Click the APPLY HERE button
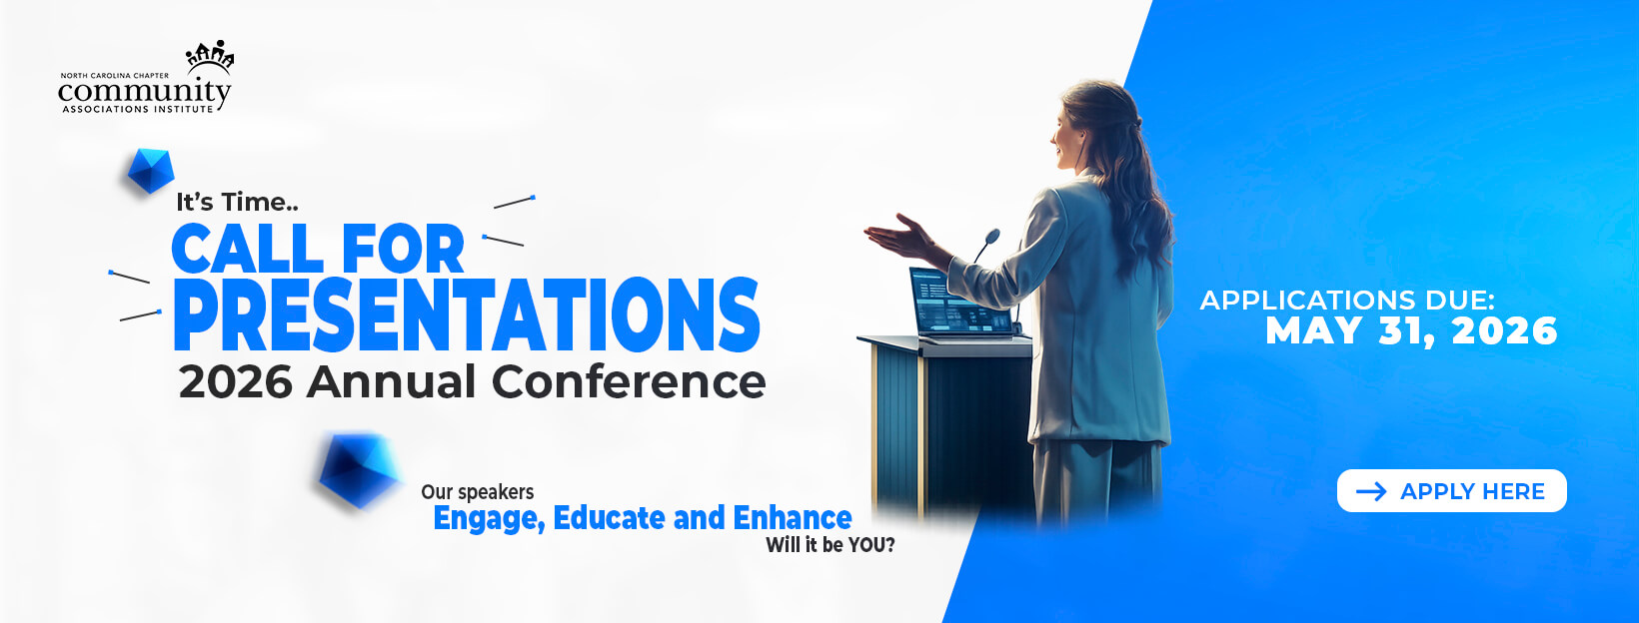[1452, 490]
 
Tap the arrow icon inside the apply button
[1371, 491]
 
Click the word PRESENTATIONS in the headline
[466, 315]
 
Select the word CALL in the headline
[247, 249]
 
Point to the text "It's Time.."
[237, 202]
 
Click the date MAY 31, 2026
[1411, 330]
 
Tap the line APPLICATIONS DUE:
[1347, 300]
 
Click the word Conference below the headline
[629, 381]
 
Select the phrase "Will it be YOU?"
[830, 545]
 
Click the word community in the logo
[145, 92]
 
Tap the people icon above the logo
[210, 56]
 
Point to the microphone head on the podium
[992, 237]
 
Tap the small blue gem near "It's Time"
[151, 171]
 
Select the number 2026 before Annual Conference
[236, 382]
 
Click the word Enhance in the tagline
[793, 518]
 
